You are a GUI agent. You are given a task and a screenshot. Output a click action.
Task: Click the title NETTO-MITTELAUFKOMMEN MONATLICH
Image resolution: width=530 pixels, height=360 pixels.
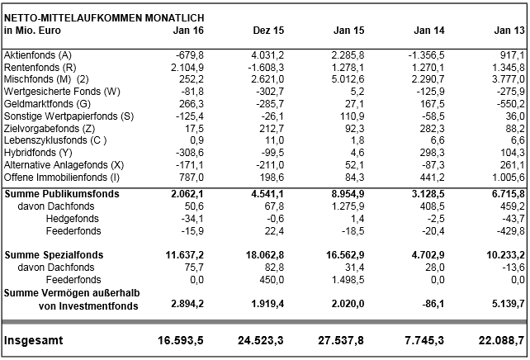pyautogui.click(x=104, y=17)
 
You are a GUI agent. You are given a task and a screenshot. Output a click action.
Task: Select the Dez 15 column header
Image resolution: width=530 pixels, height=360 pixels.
pyautogui.click(x=269, y=30)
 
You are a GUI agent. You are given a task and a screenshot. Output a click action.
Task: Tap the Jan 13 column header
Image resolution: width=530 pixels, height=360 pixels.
pyautogui.click(x=509, y=30)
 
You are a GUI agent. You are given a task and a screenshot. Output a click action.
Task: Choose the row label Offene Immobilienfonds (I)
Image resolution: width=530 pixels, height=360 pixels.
pyautogui.click(x=62, y=178)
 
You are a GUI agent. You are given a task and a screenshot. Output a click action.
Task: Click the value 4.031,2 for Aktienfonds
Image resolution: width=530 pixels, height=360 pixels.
pyautogui.click(x=266, y=54)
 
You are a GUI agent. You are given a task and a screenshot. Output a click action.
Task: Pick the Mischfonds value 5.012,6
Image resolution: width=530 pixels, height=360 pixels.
pyautogui.click(x=348, y=79)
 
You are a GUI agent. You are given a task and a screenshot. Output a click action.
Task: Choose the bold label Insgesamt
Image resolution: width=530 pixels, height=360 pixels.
pyautogui.click(x=34, y=340)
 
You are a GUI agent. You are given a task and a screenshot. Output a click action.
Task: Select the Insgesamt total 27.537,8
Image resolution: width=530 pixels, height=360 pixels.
pyautogui.click(x=343, y=340)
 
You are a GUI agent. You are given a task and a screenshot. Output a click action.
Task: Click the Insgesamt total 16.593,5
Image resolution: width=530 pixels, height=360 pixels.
pyautogui.click(x=179, y=340)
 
